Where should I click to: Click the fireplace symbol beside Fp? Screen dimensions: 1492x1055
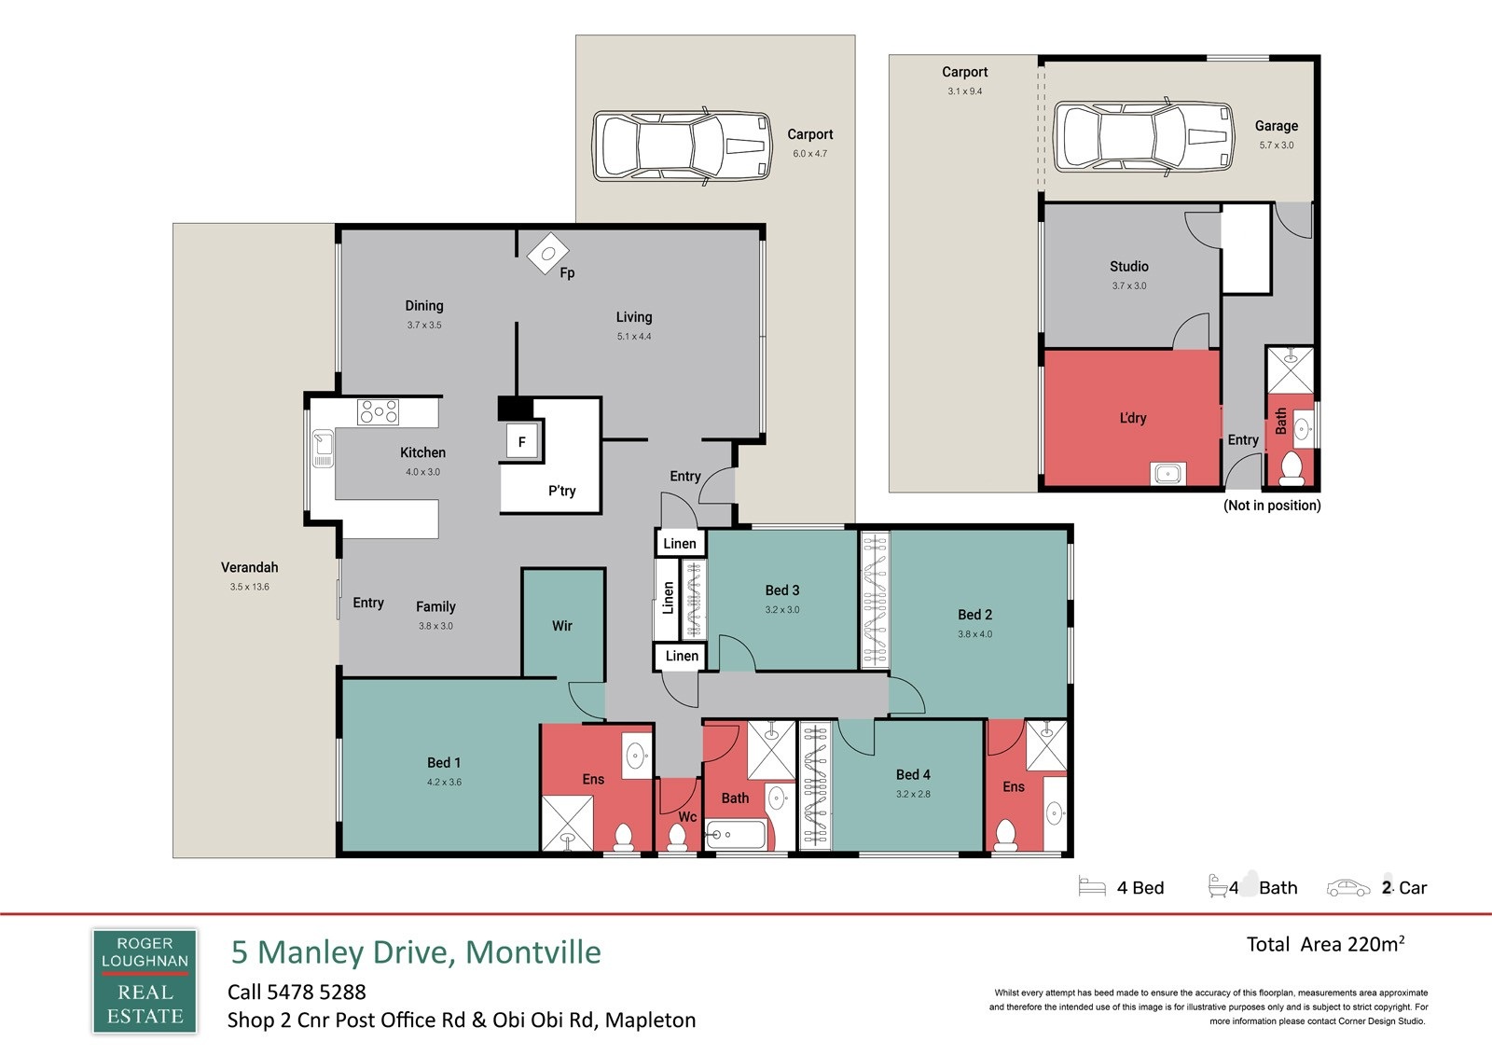click(548, 253)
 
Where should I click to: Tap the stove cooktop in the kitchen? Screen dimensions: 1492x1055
click(378, 412)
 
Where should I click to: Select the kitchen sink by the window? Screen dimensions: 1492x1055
click(323, 448)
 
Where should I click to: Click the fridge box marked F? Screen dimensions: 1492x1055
click(521, 441)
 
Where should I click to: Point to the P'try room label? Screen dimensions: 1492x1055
click(561, 492)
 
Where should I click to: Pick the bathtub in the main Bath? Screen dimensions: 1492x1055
click(736, 835)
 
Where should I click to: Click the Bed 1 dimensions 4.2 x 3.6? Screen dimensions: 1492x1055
click(444, 782)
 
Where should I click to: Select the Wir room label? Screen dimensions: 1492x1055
click(562, 626)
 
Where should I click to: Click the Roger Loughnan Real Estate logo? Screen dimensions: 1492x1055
click(145, 981)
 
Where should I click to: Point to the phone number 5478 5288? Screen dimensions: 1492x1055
click(316, 992)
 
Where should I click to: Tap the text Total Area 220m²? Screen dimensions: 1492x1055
click(1325, 944)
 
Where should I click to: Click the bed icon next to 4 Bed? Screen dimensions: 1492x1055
click(1092, 887)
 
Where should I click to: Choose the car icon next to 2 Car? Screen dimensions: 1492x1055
click(1348, 888)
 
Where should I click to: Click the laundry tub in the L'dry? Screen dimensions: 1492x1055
click(1167, 474)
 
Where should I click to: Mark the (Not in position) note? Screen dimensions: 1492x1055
click(1272, 506)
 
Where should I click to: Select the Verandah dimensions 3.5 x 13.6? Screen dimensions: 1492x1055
click(250, 587)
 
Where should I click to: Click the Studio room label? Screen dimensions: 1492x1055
click(1129, 266)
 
